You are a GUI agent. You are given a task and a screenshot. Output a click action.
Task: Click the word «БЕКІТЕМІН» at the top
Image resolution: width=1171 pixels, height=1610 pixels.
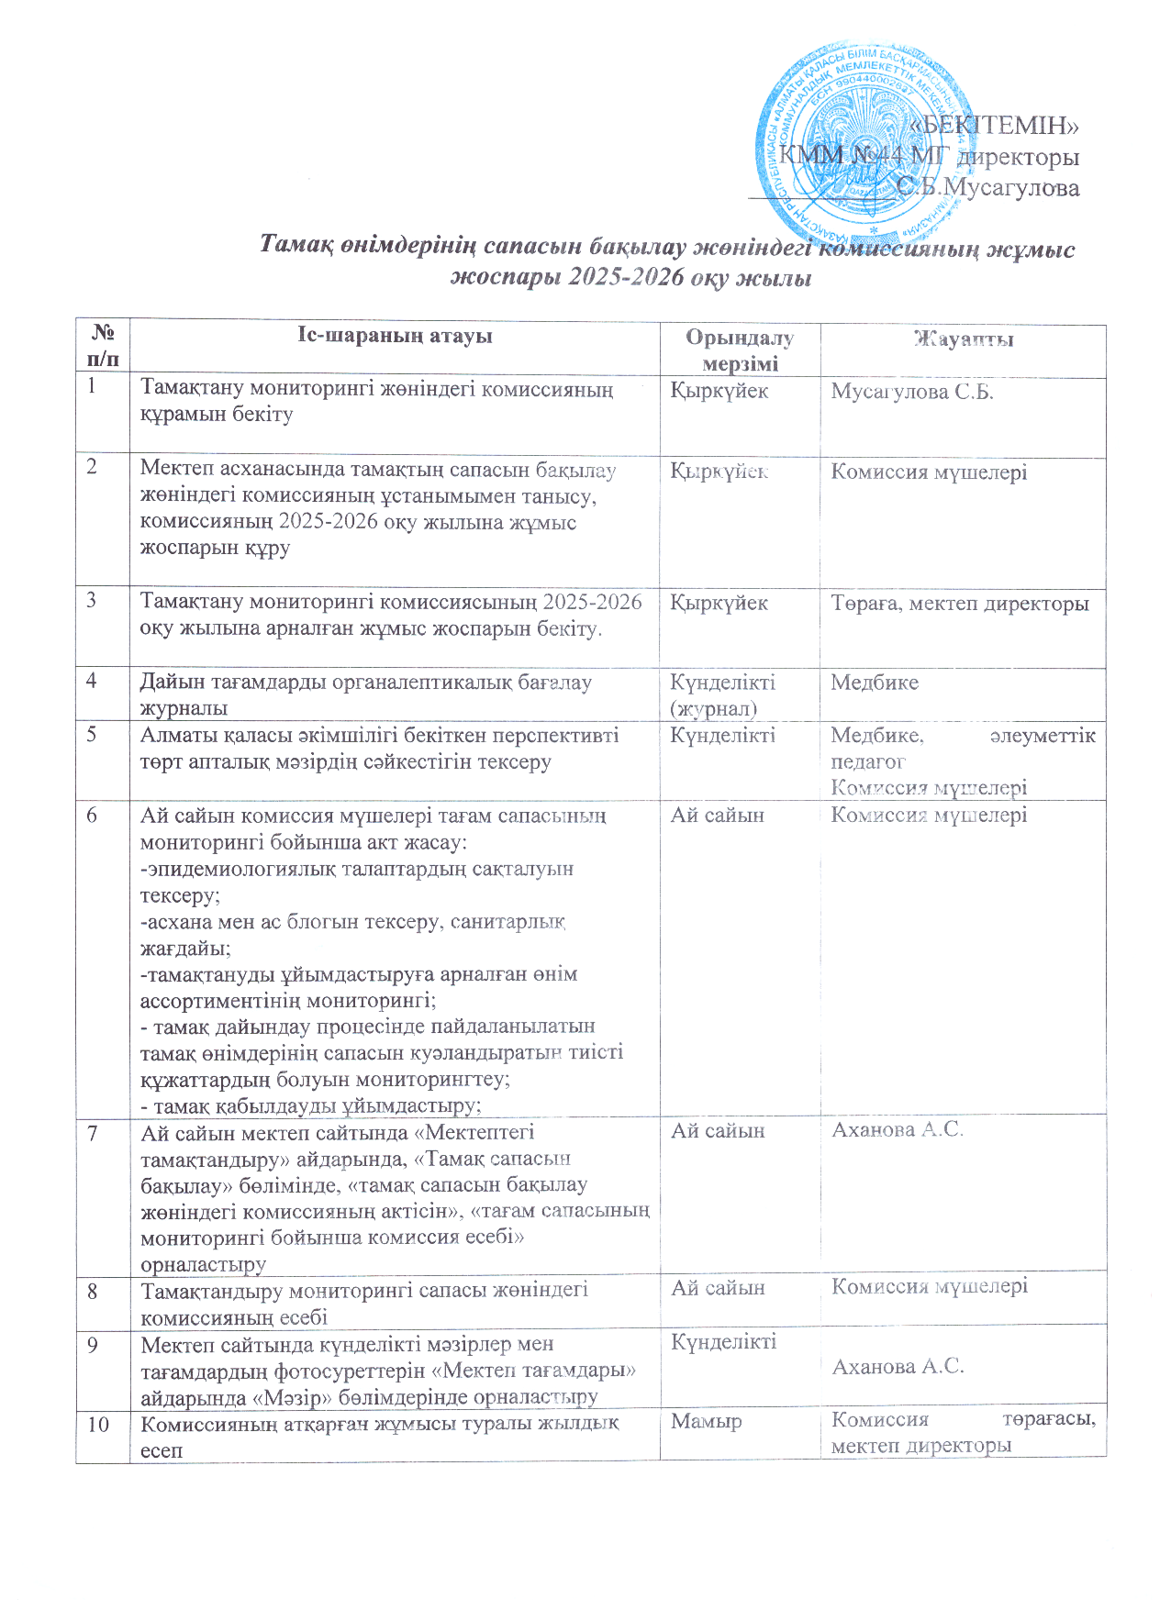click(999, 124)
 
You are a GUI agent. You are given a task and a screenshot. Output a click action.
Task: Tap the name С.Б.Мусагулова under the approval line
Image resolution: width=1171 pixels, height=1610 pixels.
click(988, 188)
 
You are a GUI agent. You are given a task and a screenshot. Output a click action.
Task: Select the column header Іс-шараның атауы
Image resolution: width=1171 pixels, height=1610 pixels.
click(395, 336)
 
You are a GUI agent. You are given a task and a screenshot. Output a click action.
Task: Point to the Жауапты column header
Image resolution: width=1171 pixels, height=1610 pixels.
click(963, 339)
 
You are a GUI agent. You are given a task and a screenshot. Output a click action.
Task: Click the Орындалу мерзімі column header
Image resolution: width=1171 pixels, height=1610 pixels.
click(740, 350)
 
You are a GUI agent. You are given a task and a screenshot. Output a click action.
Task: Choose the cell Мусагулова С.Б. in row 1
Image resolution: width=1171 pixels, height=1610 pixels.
click(912, 392)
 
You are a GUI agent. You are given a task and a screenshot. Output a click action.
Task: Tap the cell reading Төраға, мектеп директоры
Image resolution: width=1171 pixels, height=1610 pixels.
click(960, 604)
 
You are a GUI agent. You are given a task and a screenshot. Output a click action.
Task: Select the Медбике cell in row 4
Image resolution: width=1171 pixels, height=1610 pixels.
click(875, 683)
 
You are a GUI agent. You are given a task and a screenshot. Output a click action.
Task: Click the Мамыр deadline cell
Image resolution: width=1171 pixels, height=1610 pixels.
click(707, 1421)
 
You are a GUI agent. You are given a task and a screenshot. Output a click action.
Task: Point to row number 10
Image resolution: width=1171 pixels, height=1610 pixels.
click(98, 1424)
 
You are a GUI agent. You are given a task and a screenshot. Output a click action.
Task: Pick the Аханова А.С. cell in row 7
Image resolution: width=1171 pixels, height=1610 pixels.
click(897, 1130)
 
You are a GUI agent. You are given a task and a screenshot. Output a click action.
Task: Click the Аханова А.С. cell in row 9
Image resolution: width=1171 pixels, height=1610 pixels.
click(897, 1366)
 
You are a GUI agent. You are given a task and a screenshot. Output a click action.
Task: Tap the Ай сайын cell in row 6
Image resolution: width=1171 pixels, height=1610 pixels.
click(717, 816)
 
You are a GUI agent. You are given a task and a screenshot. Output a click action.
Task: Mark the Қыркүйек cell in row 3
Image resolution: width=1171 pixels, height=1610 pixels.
click(719, 604)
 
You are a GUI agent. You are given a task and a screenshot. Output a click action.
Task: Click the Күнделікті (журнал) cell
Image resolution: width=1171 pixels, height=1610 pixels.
click(722, 694)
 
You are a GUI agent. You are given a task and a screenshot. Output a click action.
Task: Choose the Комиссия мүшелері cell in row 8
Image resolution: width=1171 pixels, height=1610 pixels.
click(929, 1286)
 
